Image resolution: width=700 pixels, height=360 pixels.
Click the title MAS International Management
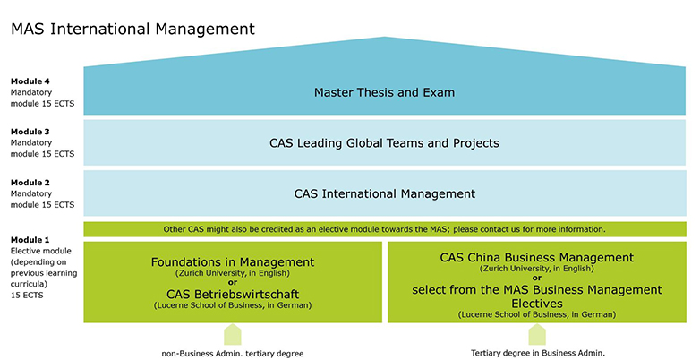pyautogui.click(x=132, y=29)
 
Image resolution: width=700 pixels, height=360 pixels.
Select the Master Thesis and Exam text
pyautogui.click(x=384, y=92)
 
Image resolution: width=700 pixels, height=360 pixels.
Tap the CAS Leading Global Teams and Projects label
pyautogui.click(x=384, y=143)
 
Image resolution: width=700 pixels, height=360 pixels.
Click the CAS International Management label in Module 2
pyautogui.click(x=384, y=193)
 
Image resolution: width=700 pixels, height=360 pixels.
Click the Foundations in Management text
pyautogui.click(x=233, y=261)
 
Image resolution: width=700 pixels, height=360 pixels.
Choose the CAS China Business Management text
pyautogui.click(x=536, y=257)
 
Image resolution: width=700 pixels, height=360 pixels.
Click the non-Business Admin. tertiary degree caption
pyautogui.click(x=233, y=353)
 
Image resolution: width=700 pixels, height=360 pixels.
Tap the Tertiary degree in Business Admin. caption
pyautogui.click(x=537, y=353)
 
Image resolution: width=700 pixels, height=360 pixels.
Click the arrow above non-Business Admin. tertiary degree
pyautogui.click(x=233, y=336)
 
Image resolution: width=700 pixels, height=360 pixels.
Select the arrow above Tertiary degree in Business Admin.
pyautogui.click(x=537, y=336)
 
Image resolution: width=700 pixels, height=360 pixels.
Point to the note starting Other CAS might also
pyautogui.click(x=384, y=229)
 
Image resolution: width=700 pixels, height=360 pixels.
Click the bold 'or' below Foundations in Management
pyautogui.click(x=233, y=281)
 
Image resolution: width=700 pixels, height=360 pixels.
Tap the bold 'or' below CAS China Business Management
pyautogui.click(x=536, y=278)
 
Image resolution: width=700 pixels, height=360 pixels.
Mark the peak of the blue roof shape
pyautogui.click(x=385, y=39)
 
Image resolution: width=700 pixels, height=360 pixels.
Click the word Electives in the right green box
pyautogui.click(x=536, y=304)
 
